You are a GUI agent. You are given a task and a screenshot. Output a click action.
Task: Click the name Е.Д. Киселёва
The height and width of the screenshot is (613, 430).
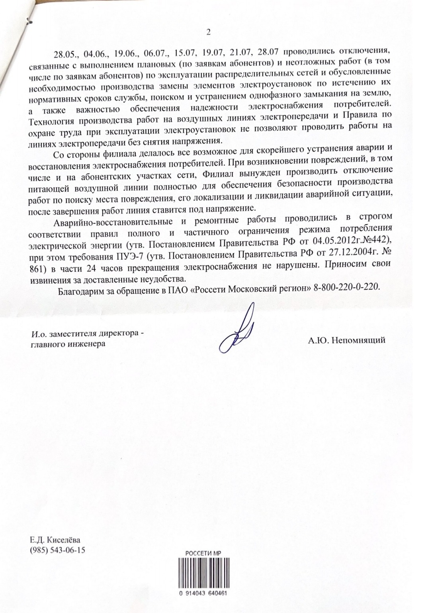coord(55,540)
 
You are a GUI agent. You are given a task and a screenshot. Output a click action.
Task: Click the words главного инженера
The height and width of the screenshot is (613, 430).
coord(68,344)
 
